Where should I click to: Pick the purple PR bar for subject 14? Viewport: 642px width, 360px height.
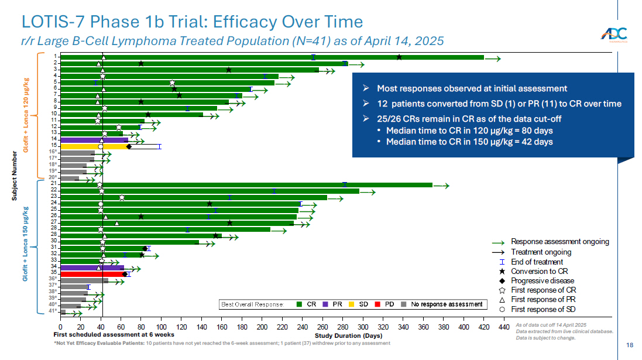94,140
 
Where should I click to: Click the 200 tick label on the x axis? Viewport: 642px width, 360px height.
262,328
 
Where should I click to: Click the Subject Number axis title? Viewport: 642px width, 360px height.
15,176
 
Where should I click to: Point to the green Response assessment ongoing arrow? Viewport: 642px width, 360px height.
499,242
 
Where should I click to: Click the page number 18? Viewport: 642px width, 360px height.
629,345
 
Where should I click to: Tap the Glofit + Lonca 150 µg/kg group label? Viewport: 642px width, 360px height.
26,243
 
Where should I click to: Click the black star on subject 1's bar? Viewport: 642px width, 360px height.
399,57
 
